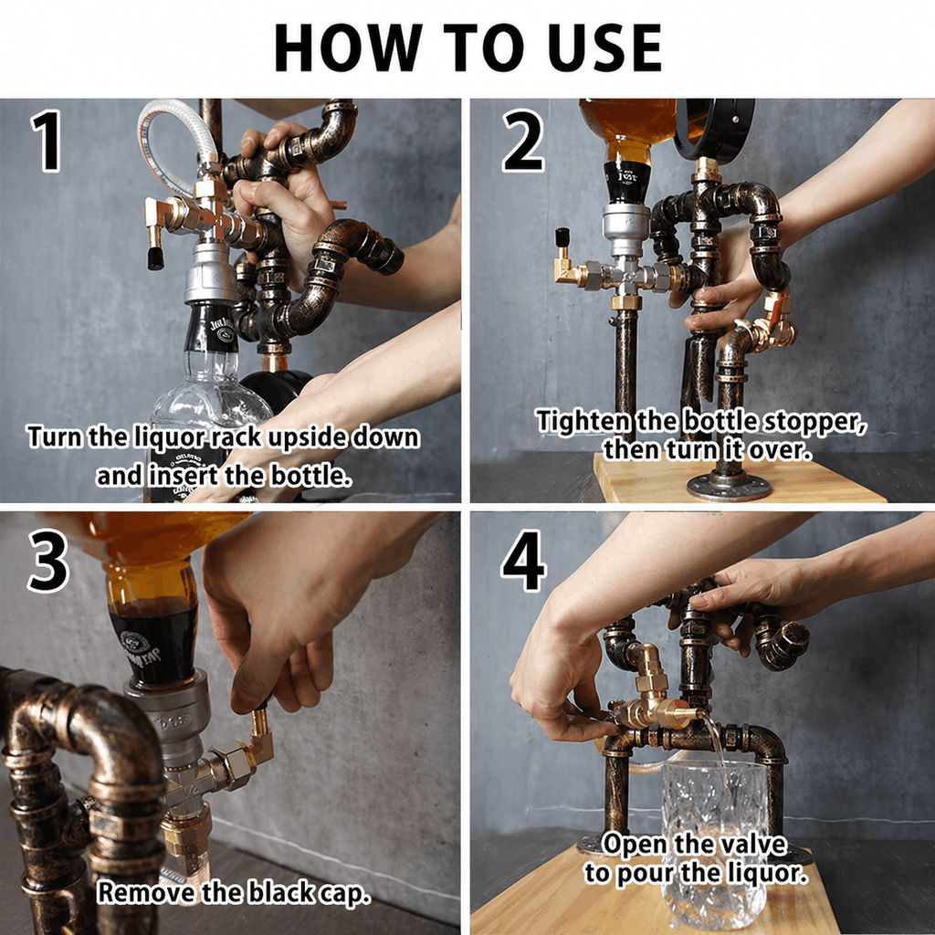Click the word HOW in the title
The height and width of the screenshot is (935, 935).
(348, 47)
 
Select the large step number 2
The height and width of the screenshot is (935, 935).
(523, 141)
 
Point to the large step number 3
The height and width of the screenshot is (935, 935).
(47, 562)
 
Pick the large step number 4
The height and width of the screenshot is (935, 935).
(523, 562)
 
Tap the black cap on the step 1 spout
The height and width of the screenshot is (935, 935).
(155, 257)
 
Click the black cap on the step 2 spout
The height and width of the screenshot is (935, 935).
(562, 237)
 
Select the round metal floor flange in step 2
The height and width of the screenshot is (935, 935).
(729, 487)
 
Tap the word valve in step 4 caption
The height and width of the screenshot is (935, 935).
(753, 845)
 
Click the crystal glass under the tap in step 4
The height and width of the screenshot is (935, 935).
(713, 842)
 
